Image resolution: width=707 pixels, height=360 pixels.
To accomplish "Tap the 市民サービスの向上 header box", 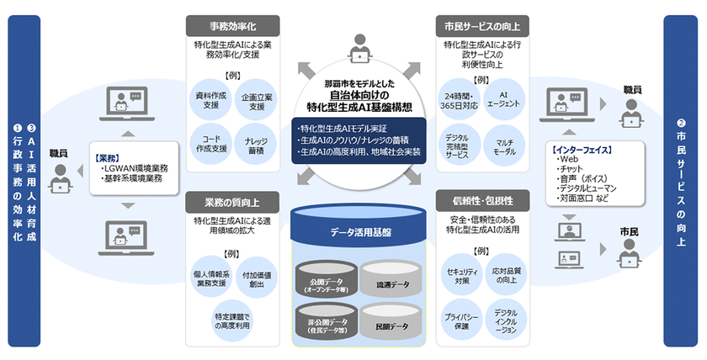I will [477, 25].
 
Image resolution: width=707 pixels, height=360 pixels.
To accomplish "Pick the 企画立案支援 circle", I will [257, 101].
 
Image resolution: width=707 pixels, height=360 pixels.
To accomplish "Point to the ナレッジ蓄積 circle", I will [257, 143].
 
